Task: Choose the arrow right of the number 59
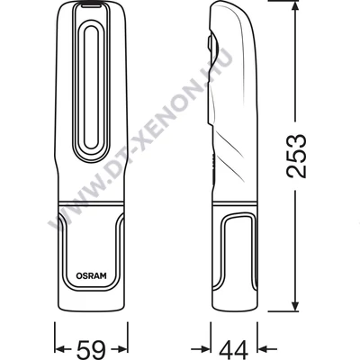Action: (118, 346)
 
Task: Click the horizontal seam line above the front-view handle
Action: (92, 199)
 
